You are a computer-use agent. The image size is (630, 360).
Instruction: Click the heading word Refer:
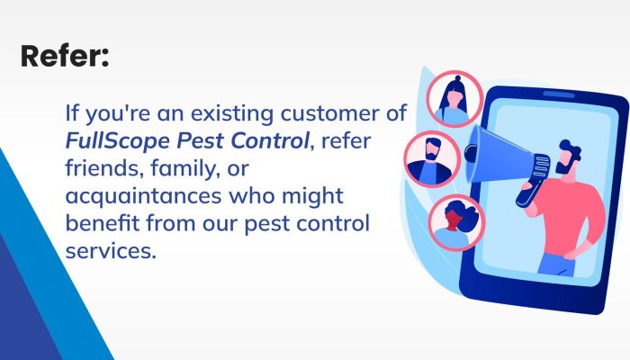65,57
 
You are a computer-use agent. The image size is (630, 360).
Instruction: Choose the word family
181,167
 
